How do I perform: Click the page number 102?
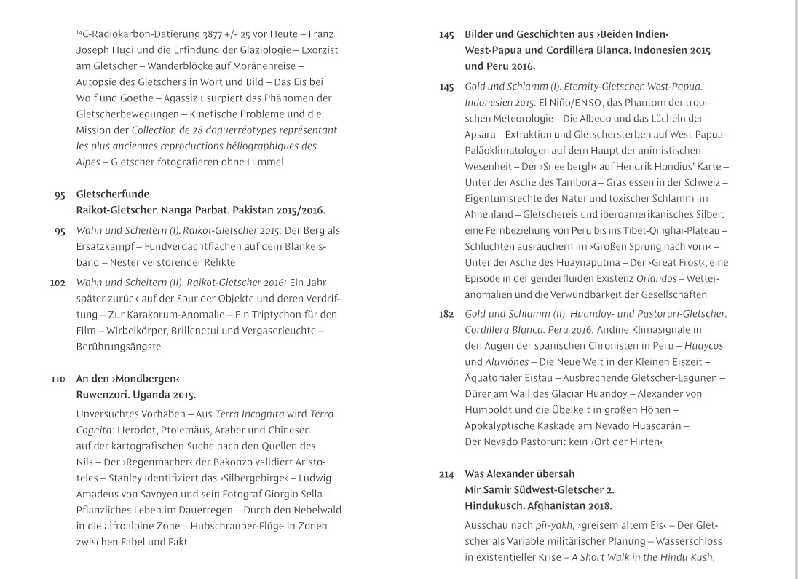[x=58, y=283]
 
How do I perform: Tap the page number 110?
[x=59, y=379]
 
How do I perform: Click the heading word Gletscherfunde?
[x=112, y=194]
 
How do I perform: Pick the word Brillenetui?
[x=199, y=331]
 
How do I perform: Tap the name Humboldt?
[x=496, y=409]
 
